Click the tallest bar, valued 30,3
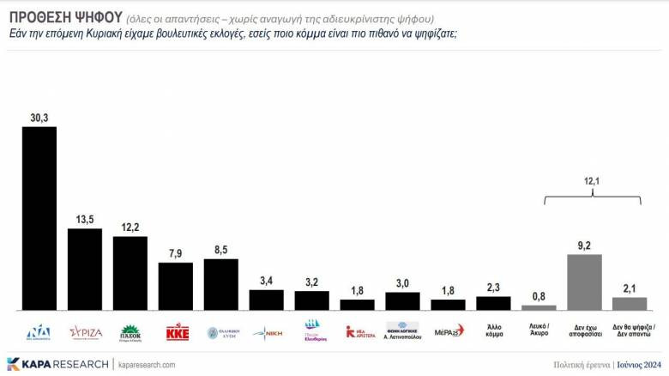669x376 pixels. (x=39, y=218)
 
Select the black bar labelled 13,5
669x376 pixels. (x=85, y=269)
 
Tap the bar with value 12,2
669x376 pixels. (x=130, y=273)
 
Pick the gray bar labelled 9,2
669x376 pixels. (x=584, y=282)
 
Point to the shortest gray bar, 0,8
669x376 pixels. (x=539, y=306)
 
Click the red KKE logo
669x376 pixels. (x=176, y=331)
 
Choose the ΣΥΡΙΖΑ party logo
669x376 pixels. (x=85, y=331)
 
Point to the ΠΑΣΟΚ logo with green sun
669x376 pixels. (x=130, y=331)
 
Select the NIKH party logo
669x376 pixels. (x=267, y=331)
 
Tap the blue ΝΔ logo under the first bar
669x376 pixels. (x=39, y=331)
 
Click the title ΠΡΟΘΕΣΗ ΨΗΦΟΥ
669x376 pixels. (x=64, y=19)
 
